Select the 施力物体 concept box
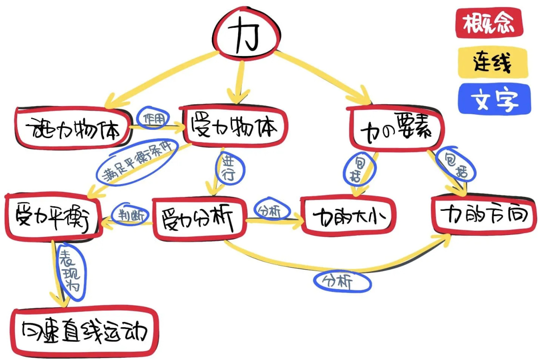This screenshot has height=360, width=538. click(x=73, y=128)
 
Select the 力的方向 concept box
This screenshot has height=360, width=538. click(x=484, y=214)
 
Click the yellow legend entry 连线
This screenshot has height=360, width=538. click(x=492, y=63)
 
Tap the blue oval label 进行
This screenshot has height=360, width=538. click(x=228, y=167)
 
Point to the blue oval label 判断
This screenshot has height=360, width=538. click(x=130, y=215)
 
